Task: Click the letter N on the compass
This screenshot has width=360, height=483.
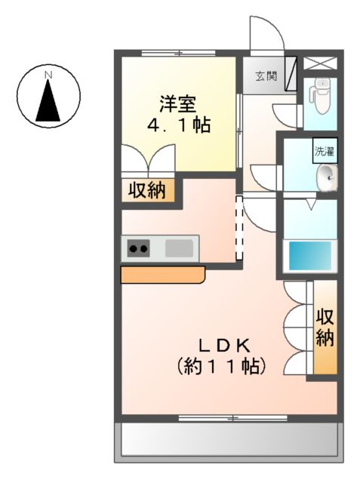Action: (x=48, y=75)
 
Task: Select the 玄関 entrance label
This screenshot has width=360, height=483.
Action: (x=264, y=75)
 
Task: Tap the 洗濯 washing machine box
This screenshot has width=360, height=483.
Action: (x=325, y=149)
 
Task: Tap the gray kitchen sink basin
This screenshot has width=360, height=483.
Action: (x=179, y=248)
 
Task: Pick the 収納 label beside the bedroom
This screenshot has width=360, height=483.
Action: (x=149, y=190)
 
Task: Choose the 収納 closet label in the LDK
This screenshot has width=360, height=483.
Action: (x=325, y=328)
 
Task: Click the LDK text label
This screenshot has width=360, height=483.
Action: (x=224, y=345)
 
